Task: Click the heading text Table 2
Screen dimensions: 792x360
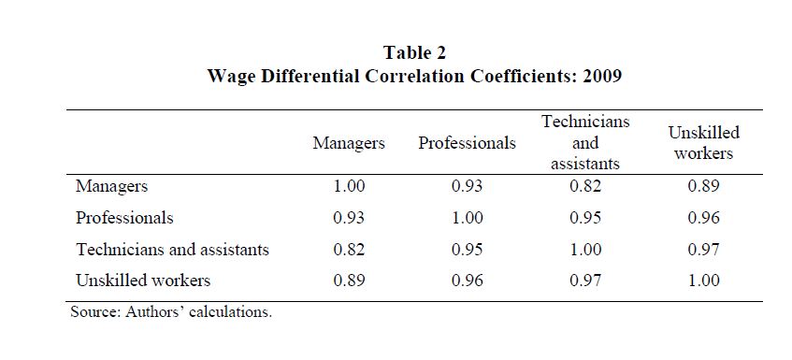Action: (414, 52)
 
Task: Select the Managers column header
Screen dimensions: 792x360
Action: (349, 143)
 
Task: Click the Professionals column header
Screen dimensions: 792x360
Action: (467, 143)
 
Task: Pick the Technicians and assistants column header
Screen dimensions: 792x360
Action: (585, 143)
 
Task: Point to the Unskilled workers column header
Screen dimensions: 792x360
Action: (703, 143)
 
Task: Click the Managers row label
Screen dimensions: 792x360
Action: (111, 186)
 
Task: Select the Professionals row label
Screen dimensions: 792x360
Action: (124, 218)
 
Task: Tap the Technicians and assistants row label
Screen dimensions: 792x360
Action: (172, 249)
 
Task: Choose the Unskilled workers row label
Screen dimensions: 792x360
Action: (143, 281)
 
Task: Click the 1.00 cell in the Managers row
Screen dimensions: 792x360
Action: (349, 186)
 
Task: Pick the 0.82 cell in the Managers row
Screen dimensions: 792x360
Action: (585, 186)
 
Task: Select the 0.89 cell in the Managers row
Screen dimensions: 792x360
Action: (703, 186)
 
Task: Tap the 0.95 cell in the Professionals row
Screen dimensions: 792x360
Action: (585, 218)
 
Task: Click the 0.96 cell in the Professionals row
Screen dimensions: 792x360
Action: (703, 218)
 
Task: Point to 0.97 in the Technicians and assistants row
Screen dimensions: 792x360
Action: (703, 249)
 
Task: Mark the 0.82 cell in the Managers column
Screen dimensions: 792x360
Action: (349, 249)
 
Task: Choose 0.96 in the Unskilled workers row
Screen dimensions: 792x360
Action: (467, 281)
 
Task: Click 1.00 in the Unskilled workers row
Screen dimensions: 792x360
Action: (703, 281)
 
